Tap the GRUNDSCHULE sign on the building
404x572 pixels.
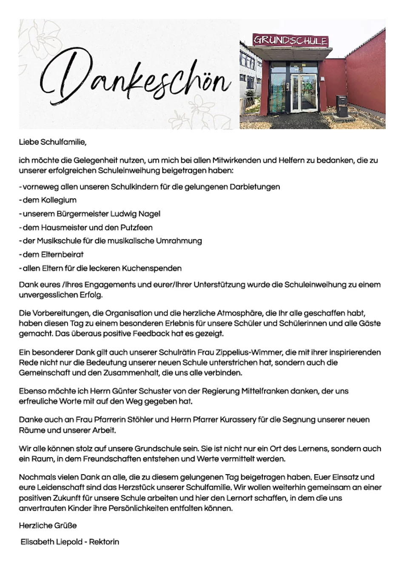(x=290, y=40)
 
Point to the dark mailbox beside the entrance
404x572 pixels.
(x=341, y=105)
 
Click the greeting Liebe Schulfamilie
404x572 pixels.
(x=53, y=142)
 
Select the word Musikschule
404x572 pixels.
(x=57, y=241)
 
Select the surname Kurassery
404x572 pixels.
(x=238, y=420)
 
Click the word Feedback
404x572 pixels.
(x=151, y=334)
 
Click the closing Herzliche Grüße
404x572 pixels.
(x=48, y=526)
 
